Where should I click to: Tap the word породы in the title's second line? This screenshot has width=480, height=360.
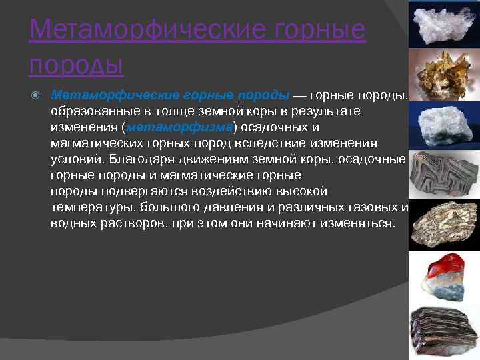[77, 65]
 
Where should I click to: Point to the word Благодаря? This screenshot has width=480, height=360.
[137, 159]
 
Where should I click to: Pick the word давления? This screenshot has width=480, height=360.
[217, 207]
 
